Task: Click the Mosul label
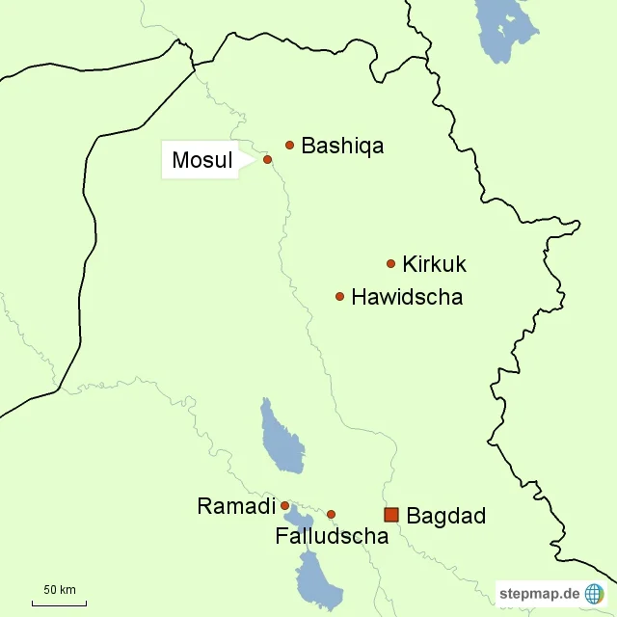(202, 161)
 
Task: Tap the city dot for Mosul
(267, 160)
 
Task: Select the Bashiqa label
(342, 147)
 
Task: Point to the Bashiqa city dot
(289, 145)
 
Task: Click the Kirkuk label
(434, 264)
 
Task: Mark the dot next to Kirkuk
(390, 263)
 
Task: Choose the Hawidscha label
(407, 297)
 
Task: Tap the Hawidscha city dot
(339, 296)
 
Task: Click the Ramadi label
(236, 506)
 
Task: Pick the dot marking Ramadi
(284, 505)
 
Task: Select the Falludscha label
(332, 536)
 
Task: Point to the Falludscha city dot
(331, 514)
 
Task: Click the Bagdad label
(445, 516)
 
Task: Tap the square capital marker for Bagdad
(390, 515)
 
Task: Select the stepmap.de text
(539, 594)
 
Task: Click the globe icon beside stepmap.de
(594, 594)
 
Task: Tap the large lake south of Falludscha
(317, 578)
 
